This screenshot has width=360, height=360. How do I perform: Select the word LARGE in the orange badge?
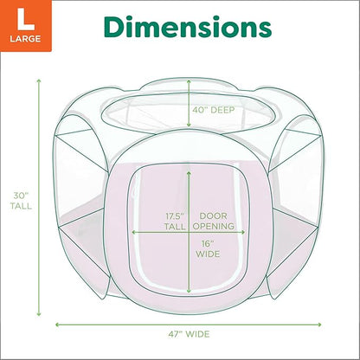(20, 39)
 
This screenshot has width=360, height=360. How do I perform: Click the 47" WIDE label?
(188, 334)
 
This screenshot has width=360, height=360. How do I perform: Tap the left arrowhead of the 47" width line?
(58, 324)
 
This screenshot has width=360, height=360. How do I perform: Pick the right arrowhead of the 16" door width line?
(243, 233)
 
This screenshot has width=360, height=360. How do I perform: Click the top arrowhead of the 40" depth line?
(189, 80)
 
